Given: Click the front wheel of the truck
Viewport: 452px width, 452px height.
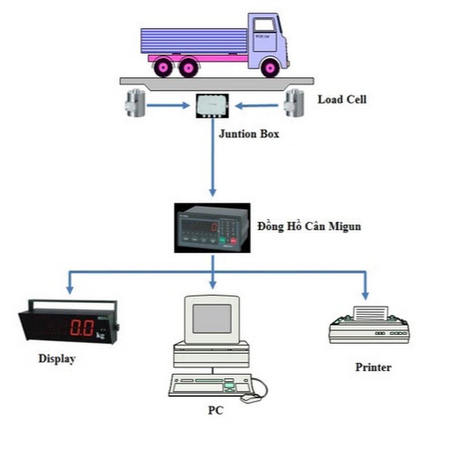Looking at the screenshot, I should click(270, 67).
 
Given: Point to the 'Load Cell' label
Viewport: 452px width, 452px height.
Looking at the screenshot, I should click(342, 99).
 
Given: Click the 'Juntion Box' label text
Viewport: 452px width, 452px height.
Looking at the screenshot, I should click(249, 134).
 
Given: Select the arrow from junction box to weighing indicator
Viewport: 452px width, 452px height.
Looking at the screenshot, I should click(212, 161).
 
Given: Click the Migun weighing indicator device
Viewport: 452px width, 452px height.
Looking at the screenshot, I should click(212, 228).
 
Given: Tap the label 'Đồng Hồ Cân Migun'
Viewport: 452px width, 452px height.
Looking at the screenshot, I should click(309, 227).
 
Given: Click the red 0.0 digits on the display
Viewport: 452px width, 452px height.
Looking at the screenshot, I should click(81, 328).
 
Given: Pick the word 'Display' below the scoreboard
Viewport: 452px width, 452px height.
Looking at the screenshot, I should click(57, 359).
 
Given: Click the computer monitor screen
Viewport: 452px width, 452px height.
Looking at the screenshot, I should click(212, 319).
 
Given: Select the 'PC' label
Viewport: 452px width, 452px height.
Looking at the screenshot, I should click(215, 410).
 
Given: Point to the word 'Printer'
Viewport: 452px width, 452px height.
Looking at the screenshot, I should click(373, 367).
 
